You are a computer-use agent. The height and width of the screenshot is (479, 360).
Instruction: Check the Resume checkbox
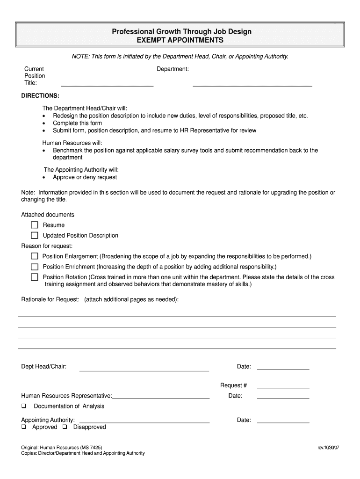(35, 225)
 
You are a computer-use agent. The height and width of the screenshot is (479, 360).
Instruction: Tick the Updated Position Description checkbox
(35, 235)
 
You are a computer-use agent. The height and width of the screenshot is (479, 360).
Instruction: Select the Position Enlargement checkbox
(35, 256)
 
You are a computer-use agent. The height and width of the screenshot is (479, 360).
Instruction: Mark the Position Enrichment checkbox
(35, 267)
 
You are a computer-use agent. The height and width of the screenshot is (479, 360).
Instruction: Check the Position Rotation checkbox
(35, 277)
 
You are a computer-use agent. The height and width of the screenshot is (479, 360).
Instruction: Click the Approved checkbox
(24, 427)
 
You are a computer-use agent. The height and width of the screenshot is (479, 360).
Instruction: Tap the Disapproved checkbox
(65, 427)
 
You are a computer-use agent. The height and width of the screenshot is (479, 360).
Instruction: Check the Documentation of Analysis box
(24, 406)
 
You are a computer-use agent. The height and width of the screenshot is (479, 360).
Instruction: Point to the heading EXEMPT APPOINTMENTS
(180, 40)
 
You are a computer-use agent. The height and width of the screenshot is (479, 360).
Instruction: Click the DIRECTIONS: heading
(40, 95)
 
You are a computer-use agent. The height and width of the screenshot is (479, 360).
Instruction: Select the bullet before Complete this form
(44, 123)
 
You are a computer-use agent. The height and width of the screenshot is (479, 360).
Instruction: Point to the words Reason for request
(47, 246)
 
